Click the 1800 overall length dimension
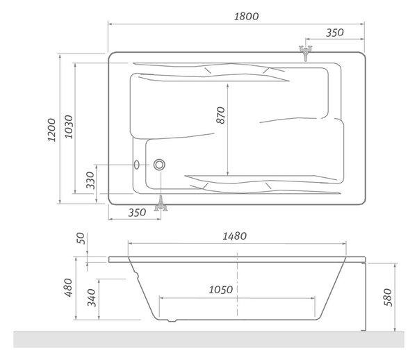246,17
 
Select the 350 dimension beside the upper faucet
335,33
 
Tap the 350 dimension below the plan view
137,213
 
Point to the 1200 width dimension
51,130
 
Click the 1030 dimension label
69,126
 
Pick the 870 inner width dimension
221,115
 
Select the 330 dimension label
90,180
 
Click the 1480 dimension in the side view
235,236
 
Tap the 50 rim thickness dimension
81,238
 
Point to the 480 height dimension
68,288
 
